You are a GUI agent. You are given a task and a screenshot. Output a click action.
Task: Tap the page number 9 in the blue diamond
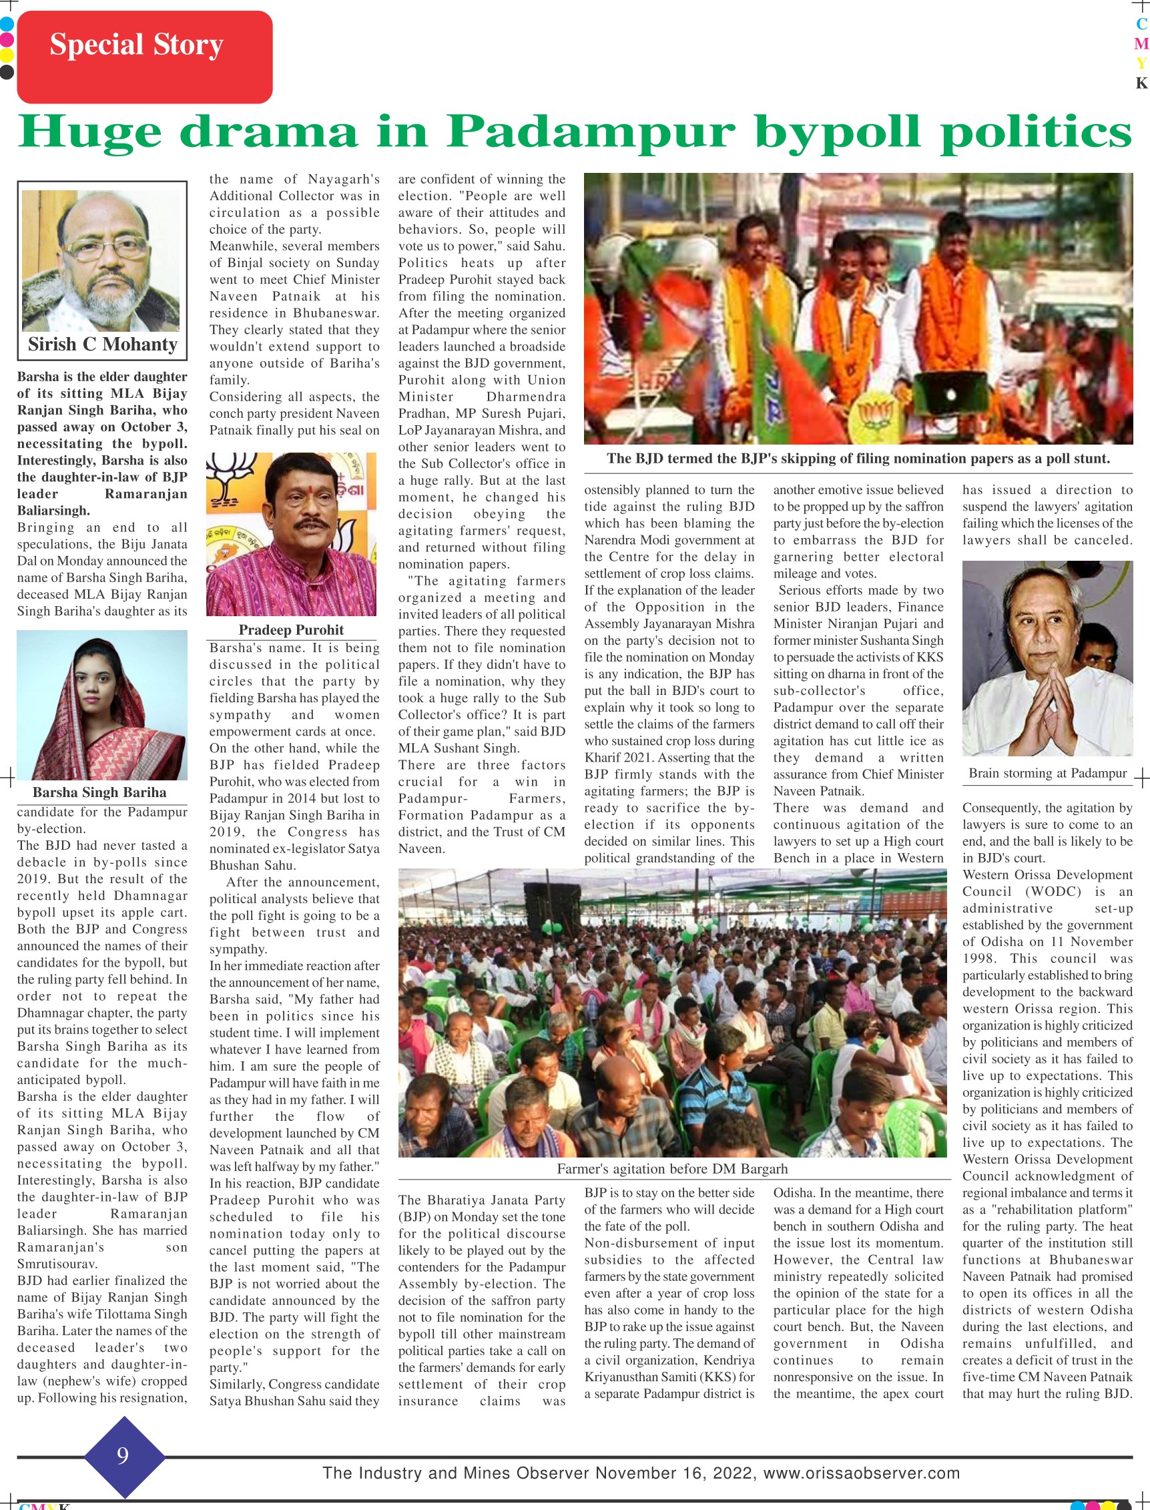pyautogui.click(x=123, y=1455)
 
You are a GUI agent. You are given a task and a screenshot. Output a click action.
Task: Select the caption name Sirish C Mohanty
pyautogui.click(x=103, y=344)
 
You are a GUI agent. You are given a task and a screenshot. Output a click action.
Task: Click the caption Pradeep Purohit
pyautogui.click(x=291, y=630)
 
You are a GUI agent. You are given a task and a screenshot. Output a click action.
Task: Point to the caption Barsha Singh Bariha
pyautogui.click(x=99, y=792)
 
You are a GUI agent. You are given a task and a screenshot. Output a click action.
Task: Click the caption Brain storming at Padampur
pyautogui.click(x=1047, y=774)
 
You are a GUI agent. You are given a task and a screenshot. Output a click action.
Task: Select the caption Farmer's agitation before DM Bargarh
pyautogui.click(x=672, y=1169)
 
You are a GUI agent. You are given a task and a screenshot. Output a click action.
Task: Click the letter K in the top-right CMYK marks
pyautogui.click(x=1141, y=83)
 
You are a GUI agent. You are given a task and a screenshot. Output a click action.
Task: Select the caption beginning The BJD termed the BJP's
pyautogui.click(x=858, y=459)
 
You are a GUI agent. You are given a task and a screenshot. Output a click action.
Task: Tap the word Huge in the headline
pyautogui.click(x=90, y=131)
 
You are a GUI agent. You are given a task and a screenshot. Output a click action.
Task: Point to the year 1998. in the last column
pyautogui.click(x=981, y=959)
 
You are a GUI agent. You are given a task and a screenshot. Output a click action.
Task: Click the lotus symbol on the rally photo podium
pyautogui.click(x=879, y=417)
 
